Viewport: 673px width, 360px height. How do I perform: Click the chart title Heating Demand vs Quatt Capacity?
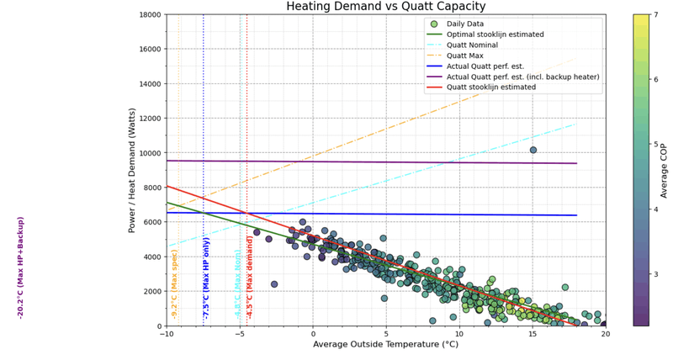[386, 7]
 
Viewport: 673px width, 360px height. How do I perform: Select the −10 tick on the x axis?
[167, 334]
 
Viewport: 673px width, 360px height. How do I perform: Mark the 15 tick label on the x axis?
[533, 334]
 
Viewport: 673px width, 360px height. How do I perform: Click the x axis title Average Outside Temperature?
[386, 345]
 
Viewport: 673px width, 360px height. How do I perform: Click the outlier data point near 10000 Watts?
[533, 150]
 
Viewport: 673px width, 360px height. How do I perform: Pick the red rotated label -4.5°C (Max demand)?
[250, 277]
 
